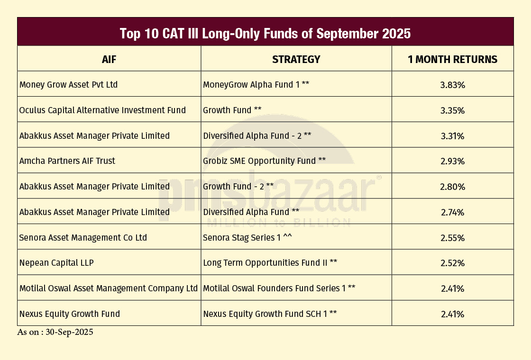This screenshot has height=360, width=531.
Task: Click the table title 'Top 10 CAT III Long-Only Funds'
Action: coord(265,34)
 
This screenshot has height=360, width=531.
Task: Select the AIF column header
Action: coord(109,60)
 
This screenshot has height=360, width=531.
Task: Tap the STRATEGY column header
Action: coord(296,60)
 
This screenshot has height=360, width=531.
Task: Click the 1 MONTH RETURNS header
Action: coord(452,60)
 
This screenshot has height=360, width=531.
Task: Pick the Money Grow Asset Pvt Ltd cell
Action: coord(69,85)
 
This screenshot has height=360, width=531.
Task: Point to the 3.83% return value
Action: coord(452,85)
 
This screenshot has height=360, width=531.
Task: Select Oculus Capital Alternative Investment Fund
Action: coord(102,110)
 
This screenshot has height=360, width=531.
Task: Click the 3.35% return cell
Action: coord(452,111)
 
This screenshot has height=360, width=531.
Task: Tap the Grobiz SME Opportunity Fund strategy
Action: coord(264,161)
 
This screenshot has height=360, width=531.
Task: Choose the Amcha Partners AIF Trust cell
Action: coord(67,161)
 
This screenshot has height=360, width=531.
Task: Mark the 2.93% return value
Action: coord(452,162)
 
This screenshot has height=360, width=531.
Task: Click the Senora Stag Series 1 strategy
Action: coord(247,238)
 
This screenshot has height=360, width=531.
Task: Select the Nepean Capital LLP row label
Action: coord(56,263)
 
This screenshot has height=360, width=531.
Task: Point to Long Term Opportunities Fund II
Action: coord(270,263)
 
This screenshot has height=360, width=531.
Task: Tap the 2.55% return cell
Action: coord(452,238)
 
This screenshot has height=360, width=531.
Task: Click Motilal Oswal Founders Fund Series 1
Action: coord(279,288)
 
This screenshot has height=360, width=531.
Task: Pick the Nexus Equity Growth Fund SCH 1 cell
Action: coord(270,314)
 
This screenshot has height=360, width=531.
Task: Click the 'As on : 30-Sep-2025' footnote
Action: coord(55,333)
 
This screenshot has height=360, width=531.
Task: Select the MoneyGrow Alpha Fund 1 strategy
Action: coord(256,85)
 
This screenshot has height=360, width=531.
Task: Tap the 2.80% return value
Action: coord(452,187)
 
